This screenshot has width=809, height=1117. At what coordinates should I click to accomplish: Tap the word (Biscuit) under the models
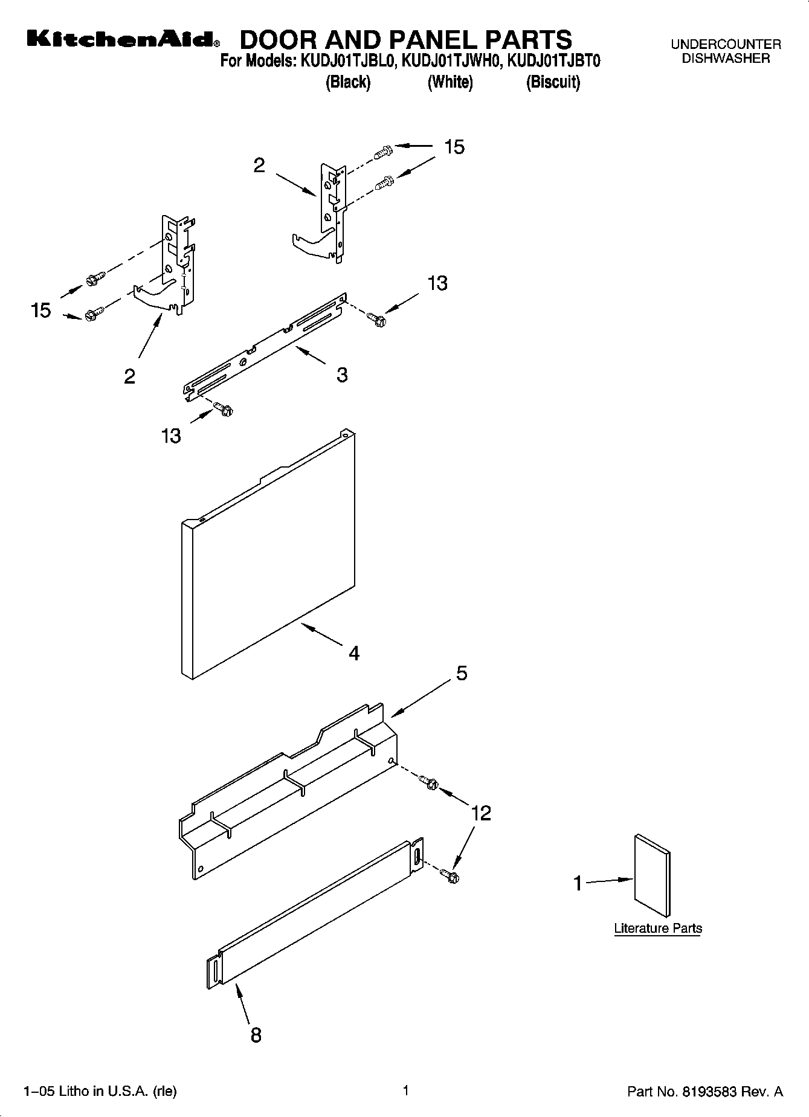(553, 82)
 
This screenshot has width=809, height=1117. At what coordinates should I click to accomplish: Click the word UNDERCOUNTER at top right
(726, 44)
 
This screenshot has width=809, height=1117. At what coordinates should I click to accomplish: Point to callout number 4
(354, 653)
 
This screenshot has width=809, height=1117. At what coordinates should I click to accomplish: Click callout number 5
(462, 673)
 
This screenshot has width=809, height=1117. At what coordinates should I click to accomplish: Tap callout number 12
(481, 813)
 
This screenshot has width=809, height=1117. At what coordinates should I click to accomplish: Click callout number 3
(342, 375)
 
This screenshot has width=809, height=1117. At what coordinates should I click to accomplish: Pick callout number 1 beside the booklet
(578, 884)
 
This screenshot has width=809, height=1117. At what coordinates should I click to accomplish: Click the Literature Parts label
(658, 929)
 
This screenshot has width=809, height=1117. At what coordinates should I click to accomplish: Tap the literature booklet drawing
(652, 877)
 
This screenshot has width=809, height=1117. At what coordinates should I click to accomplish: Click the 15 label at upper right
(454, 147)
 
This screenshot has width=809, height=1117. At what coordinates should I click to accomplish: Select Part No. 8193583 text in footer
(705, 1091)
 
